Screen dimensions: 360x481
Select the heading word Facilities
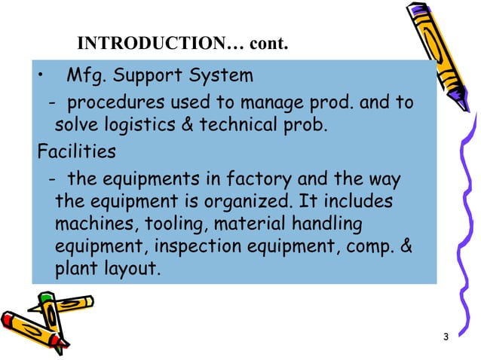[x=77, y=152]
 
